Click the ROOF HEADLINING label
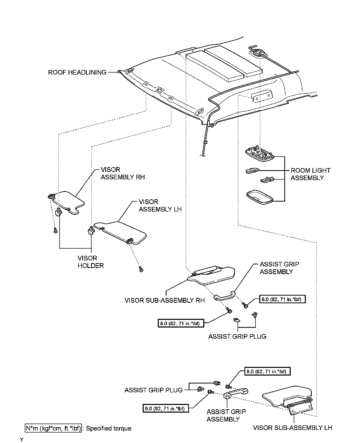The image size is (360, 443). (x=77, y=73)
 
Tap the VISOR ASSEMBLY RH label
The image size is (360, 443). (x=122, y=173)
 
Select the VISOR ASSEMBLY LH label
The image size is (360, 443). (x=160, y=206)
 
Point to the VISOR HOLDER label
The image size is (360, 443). (x=91, y=262)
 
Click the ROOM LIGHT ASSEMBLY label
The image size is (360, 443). (x=310, y=174)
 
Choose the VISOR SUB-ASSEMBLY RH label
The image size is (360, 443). (x=164, y=300)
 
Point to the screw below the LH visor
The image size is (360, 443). (x=140, y=269)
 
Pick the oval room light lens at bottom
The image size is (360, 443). (x=259, y=197)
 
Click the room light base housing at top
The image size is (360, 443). (x=259, y=154)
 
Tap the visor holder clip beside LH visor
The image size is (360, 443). (x=91, y=230)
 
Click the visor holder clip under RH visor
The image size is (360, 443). (x=59, y=212)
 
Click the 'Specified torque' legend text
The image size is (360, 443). (x=108, y=428)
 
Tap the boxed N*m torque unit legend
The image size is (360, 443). (x=53, y=428)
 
